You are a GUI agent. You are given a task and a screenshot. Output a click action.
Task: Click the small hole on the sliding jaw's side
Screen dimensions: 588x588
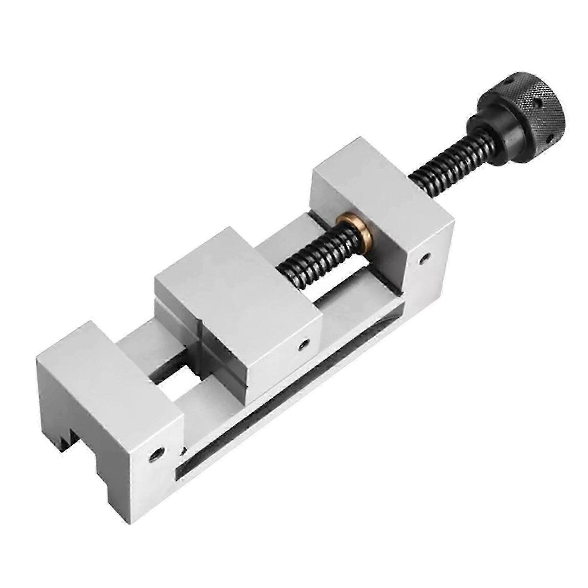tap(302, 345)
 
